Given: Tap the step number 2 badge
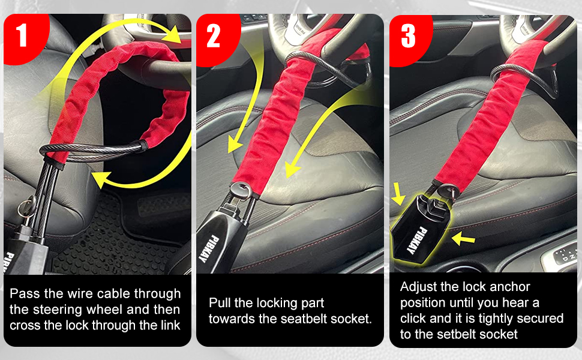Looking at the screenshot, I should [x=214, y=36].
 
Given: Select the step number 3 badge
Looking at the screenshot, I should [x=408, y=36].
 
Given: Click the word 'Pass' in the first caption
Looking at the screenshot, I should [x=23, y=294].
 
